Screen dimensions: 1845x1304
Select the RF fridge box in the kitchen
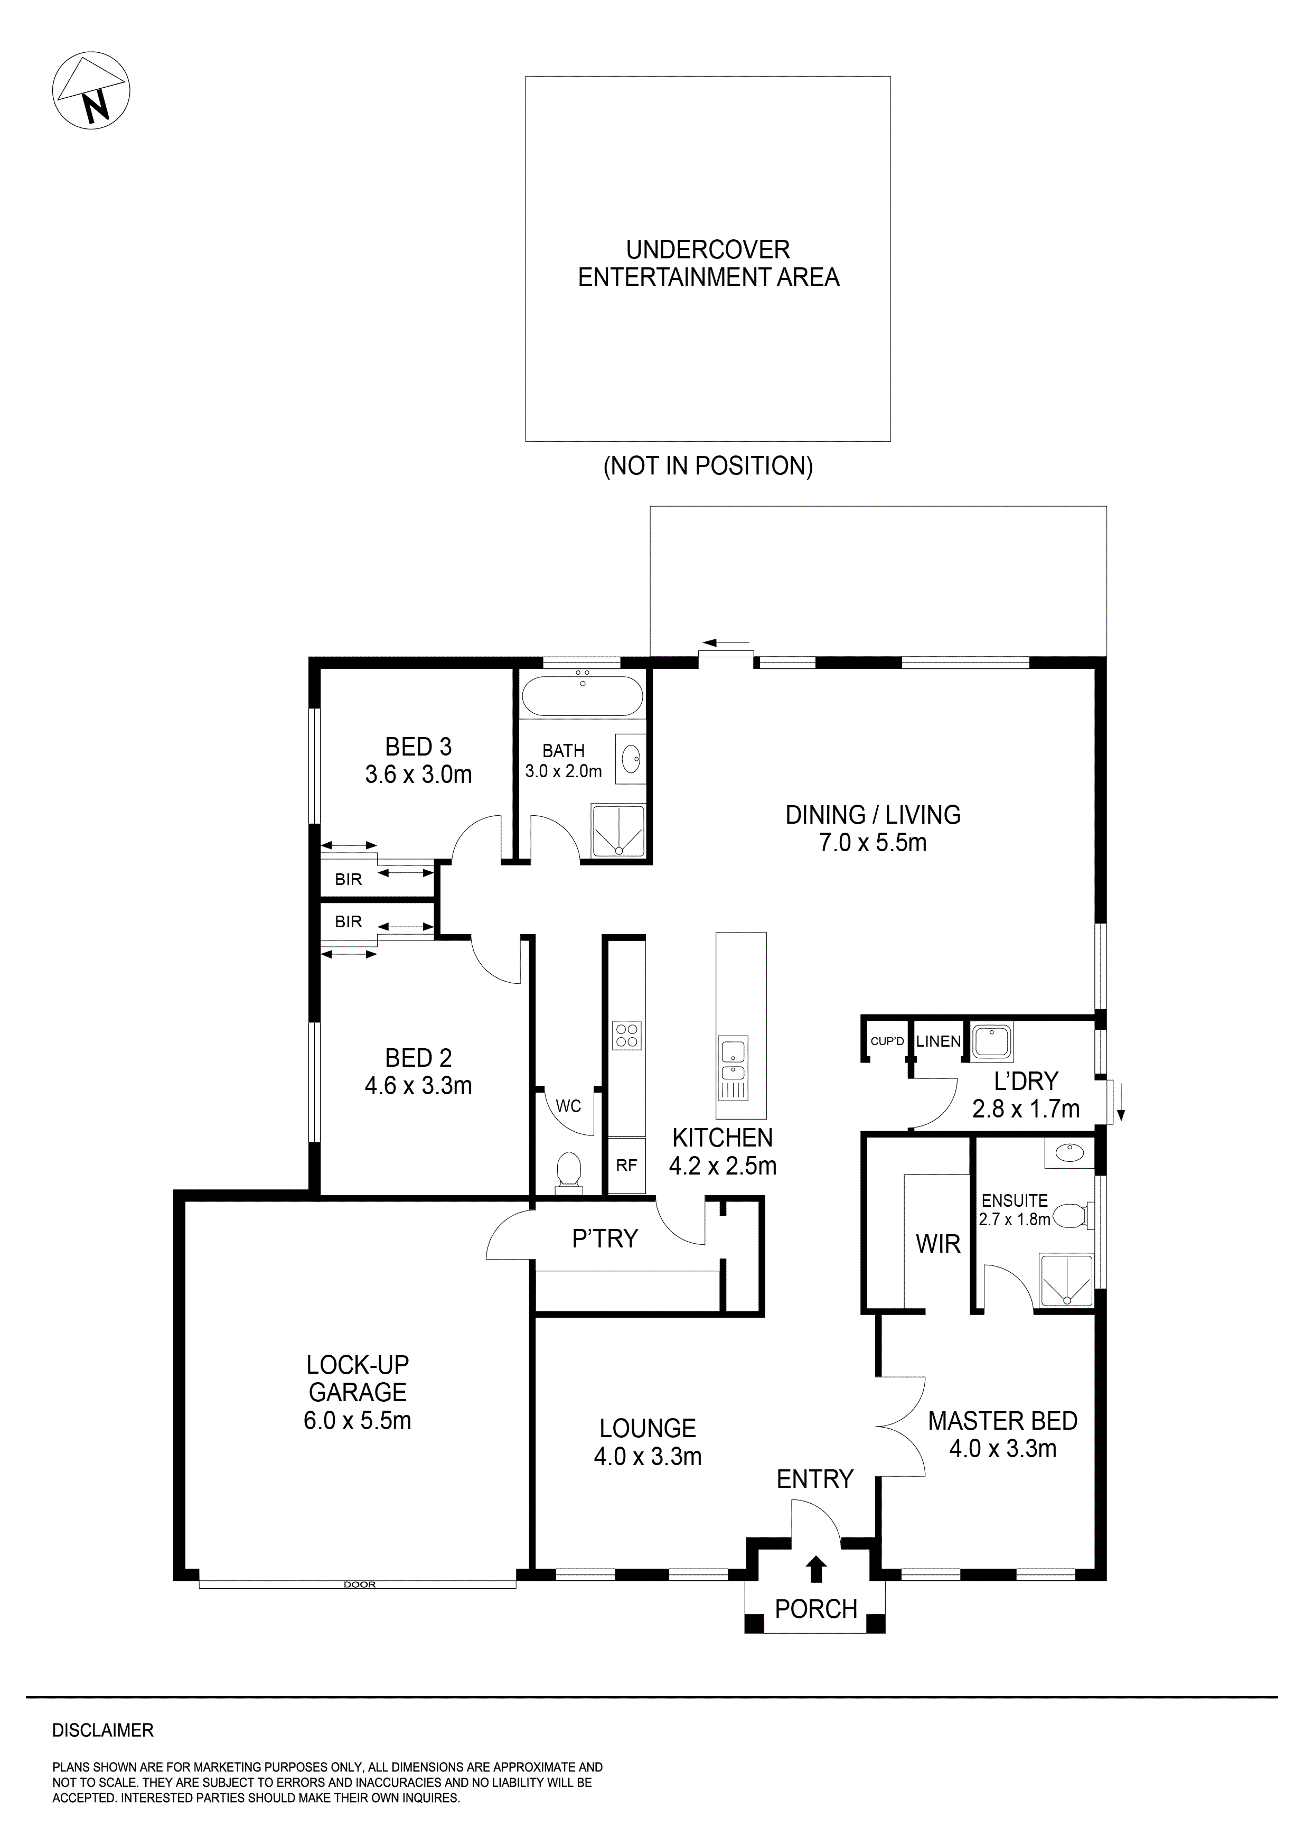[627, 1164]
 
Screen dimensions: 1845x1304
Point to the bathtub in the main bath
[581, 696]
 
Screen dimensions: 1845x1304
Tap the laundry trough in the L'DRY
[991, 1042]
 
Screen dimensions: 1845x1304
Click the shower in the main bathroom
[618, 830]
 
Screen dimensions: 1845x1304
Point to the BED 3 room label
[418, 747]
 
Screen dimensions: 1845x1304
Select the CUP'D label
[887, 1041]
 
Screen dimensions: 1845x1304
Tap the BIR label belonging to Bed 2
[348, 921]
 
